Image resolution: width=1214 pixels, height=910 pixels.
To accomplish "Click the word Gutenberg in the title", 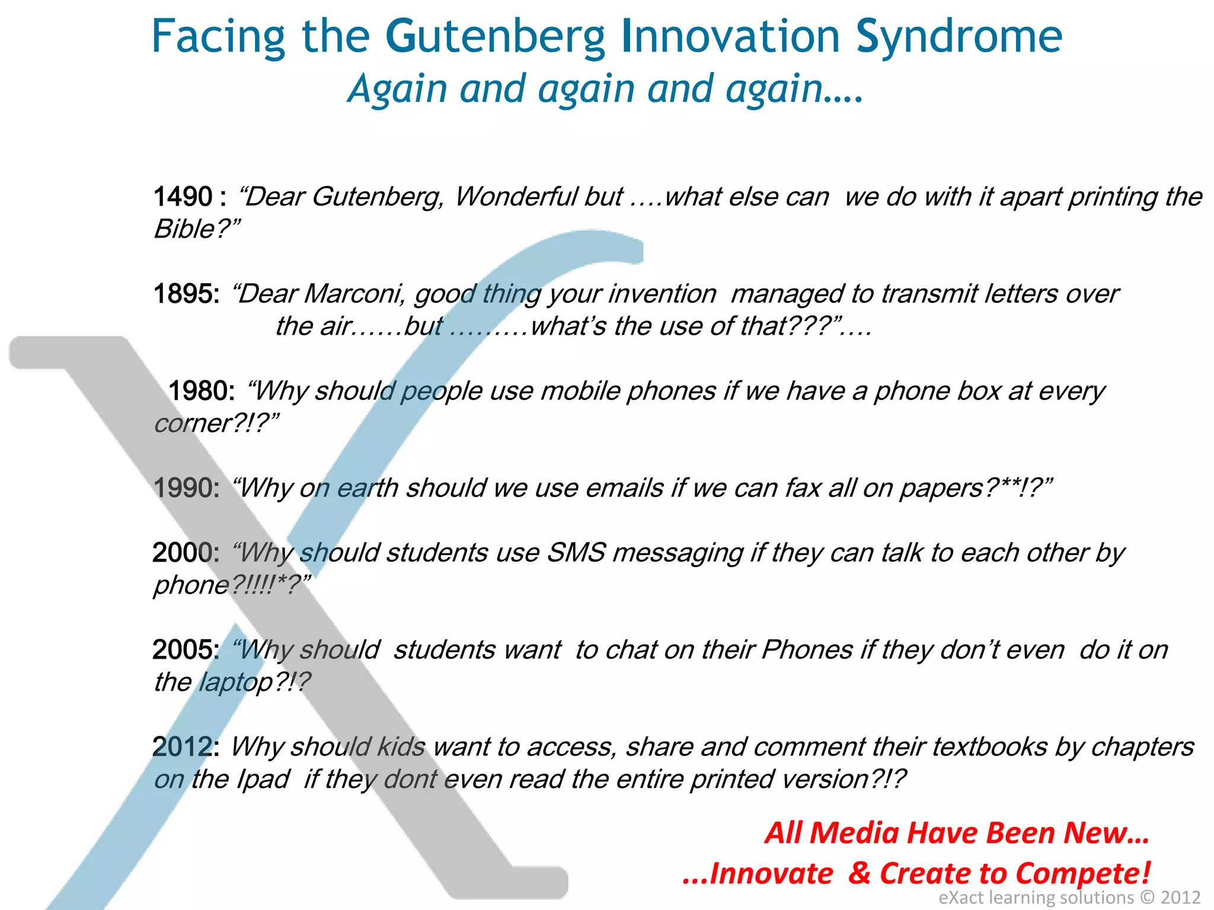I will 495,37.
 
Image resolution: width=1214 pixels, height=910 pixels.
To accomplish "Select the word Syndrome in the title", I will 959,37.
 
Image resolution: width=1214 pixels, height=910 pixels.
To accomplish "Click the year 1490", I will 183,197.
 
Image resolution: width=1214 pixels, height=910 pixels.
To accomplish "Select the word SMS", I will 576,553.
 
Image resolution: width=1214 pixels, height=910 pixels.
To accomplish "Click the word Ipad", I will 263,779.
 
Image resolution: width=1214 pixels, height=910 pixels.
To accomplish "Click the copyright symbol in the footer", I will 1148,898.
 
